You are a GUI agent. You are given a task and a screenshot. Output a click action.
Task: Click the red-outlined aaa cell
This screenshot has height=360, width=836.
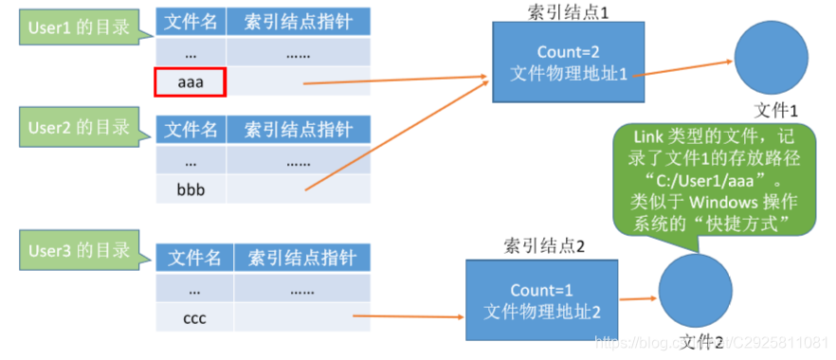coord(190,82)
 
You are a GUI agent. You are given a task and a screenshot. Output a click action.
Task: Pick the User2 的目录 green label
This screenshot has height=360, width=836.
coord(76,126)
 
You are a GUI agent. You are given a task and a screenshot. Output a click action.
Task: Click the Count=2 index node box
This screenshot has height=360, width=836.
coord(569,62)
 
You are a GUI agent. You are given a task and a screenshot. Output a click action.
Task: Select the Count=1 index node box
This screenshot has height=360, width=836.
coord(542,300)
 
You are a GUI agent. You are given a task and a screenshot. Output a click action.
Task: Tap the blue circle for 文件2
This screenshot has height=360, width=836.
coord(695,293)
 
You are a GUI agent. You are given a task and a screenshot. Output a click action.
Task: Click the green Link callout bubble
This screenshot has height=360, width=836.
coord(714,179)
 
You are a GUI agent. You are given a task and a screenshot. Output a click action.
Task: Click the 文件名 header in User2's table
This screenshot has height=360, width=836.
coord(191,129)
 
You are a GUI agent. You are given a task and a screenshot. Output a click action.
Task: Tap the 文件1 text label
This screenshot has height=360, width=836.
coord(775,109)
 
